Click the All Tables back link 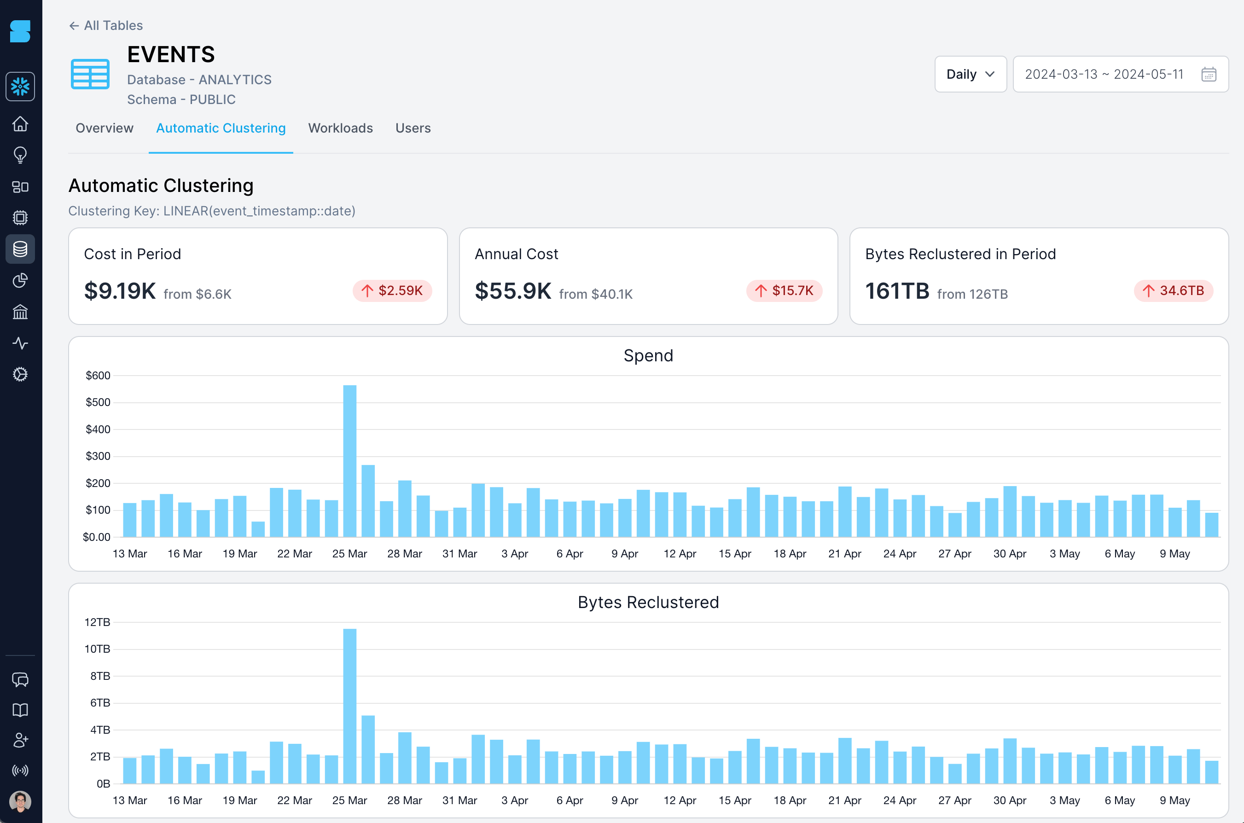(x=106, y=25)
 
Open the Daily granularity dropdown (x=970, y=74)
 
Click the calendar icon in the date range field (x=1208, y=74)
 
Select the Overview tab (x=105, y=128)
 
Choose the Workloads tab (x=340, y=128)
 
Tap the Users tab (x=413, y=128)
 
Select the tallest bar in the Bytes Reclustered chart (x=349, y=706)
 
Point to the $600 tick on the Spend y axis (x=98, y=375)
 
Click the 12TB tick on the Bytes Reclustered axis (x=98, y=622)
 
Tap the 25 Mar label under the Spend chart (x=349, y=554)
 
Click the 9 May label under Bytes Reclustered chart (x=1175, y=800)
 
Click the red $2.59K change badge (x=392, y=291)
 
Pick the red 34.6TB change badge (x=1173, y=291)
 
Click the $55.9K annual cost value (x=513, y=291)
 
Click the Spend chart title (x=648, y=355)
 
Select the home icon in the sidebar (x=20, y=124)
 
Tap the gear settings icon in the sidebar (x=20, y=374)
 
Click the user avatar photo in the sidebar (x=20, y=801)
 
